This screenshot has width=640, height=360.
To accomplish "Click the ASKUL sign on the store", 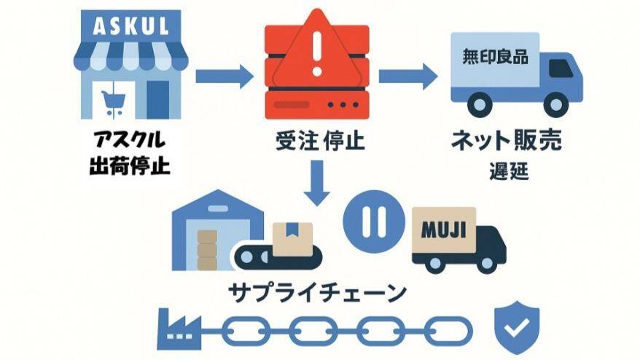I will tap(131, 26).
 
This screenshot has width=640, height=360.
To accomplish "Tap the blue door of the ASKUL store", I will tap(157, 98).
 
